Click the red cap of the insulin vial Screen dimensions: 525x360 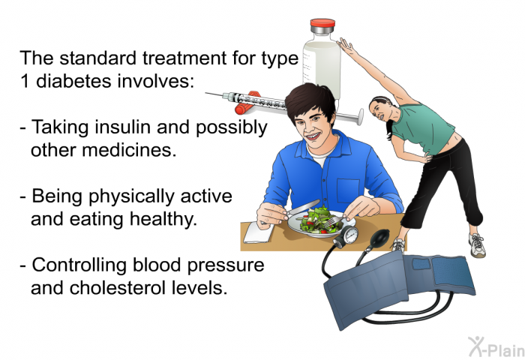point(322,23)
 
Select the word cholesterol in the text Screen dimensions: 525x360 point(118,287)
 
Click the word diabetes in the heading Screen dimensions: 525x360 point(73,81)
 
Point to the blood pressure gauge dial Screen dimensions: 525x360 point(350,235)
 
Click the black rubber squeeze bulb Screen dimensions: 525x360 point(379,238)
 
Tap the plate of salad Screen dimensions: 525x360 point(319,223)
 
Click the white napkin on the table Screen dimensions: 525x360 point(258,232)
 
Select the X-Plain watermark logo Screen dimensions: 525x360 point(496,346)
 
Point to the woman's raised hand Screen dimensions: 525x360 point(345,45)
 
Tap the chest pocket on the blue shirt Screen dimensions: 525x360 point(348,190)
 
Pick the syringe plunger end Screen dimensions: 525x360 point(360,116)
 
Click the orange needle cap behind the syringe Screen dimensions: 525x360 point(247,103)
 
